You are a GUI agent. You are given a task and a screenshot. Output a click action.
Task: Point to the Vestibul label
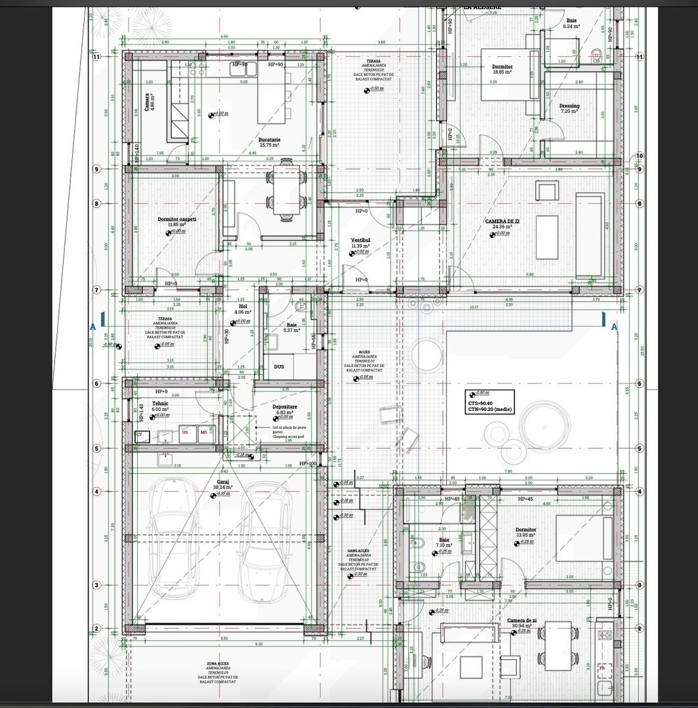pyautogui.click(x=361, y=241)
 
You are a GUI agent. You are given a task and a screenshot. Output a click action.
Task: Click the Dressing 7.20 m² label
pyautogui.click(x=569, y=107)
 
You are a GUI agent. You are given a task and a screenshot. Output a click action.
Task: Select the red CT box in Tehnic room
pyautogui.click(x=139, y=435)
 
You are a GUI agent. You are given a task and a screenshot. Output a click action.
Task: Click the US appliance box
pyautogui.click(x=185, y=433)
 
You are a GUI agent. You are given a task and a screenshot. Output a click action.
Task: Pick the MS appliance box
pyautogui.click(x=203, y=433)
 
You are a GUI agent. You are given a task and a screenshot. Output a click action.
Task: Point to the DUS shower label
pyautogui.click(x=279, y=366)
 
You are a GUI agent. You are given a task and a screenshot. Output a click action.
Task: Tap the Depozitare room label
pyautogui.click(x=285, y=406)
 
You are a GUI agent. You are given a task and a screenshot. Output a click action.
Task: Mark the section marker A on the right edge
pyautogui.click(x=614, y=326)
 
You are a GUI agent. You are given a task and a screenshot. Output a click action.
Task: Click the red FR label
pyautogui.click(x=602, y=667)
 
